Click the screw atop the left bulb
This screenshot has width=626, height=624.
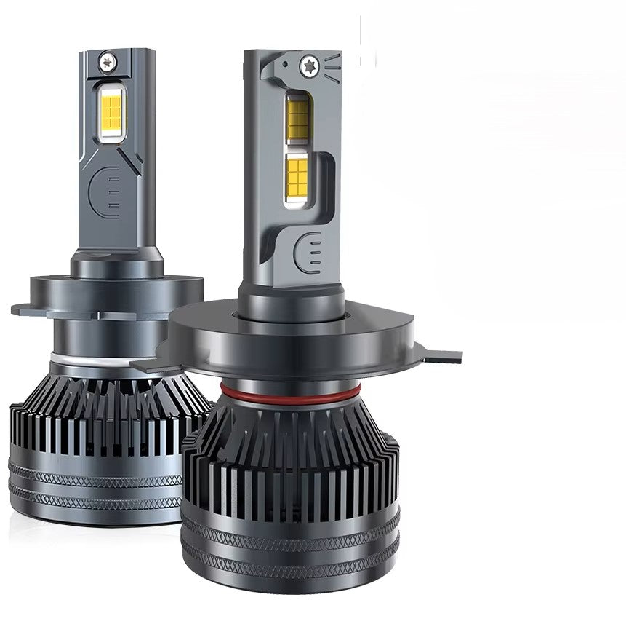[x=108, y=60]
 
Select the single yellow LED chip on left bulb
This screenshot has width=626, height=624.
[x=113, y=110]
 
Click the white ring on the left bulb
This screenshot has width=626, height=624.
[x=73, y=358]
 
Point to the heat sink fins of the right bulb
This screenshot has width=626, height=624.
[x=291, y=466]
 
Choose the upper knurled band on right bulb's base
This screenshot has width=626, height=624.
[x=291, y=535]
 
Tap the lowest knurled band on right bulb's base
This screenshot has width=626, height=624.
[x=291, y=567]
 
